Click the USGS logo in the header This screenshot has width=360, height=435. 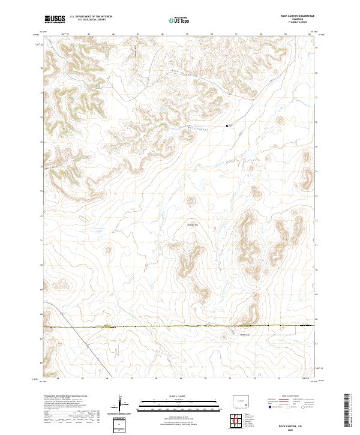click(55, 19)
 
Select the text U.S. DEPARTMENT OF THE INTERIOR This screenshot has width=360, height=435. click(91, 16)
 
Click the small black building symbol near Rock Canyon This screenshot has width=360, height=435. click(227, 125)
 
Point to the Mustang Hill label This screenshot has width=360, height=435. click(193, 220)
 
